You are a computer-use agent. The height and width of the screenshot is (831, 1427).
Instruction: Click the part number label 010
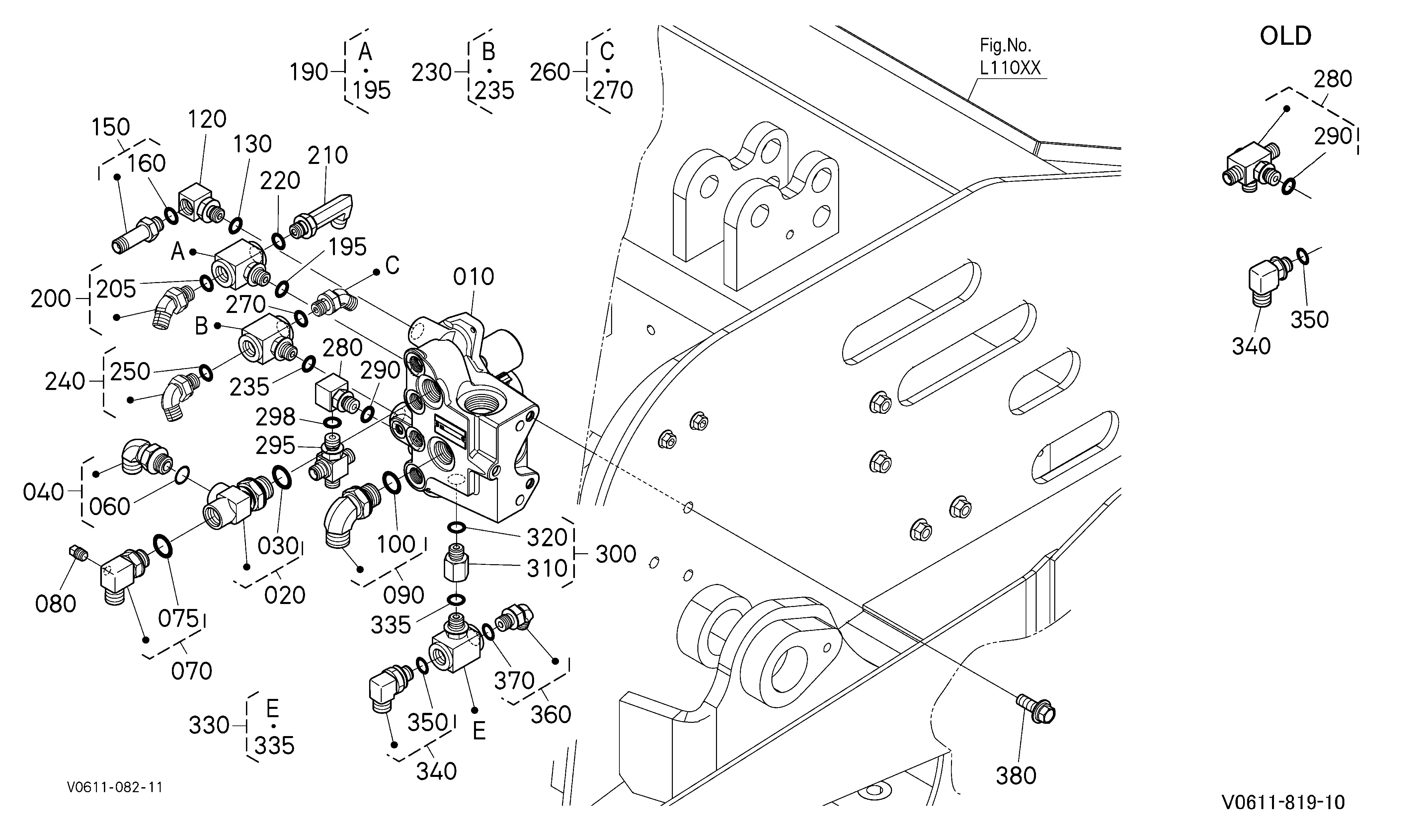click(x=473, y=277)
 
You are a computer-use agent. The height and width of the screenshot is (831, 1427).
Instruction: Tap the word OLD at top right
click(x=1286, y=36)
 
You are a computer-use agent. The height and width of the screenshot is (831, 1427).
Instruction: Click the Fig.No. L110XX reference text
click(x=1010, y=57)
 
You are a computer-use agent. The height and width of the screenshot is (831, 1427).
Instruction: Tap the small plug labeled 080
click(x=78, y=553)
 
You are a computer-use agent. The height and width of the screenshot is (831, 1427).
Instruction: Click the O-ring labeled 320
click(x=457, y=528)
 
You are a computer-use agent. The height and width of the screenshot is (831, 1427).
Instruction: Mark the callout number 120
click(x=207, y=119)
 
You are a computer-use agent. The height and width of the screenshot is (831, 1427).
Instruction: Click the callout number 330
click(x=209, y=725)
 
